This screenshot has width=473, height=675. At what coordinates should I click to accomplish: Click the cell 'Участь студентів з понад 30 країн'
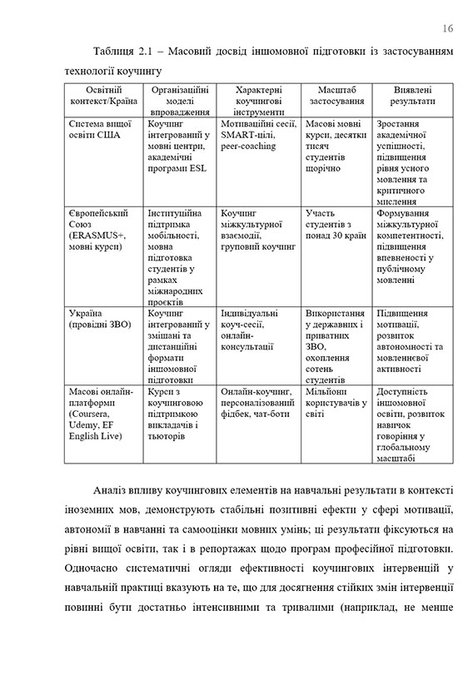336,224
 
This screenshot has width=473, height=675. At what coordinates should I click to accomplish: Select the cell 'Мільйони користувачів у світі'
336,396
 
